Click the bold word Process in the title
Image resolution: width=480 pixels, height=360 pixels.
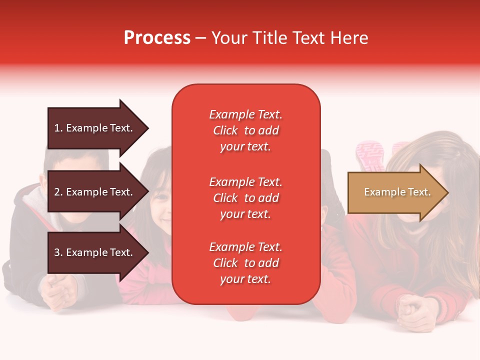click(157, 38)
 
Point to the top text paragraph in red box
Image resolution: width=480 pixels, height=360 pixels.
click(245, 130)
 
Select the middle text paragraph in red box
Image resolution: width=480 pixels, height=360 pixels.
click(245, 198)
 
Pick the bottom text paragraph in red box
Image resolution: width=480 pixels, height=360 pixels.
click(245, 263)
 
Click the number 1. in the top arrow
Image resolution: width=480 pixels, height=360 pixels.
click(58, 128)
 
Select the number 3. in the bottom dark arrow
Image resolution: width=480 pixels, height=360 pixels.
click(58, 252)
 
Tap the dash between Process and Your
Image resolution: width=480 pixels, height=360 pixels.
click(201, 38)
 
